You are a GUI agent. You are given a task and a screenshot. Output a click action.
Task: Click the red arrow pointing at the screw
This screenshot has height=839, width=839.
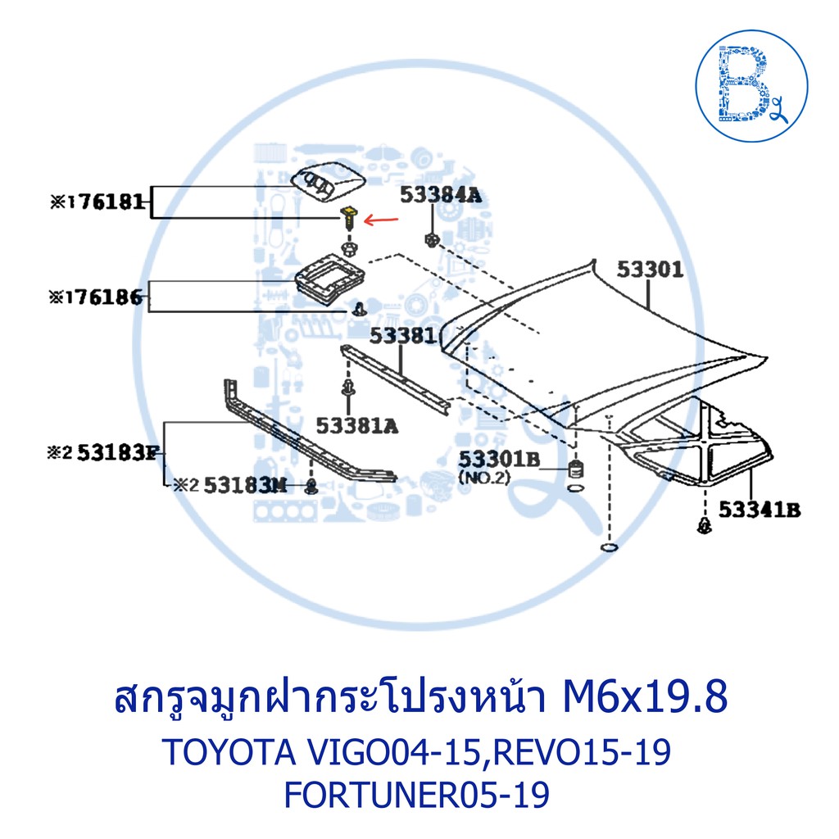click(x=381, y=220)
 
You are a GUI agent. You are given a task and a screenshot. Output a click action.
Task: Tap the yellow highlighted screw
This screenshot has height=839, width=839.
click(x=349, y=218)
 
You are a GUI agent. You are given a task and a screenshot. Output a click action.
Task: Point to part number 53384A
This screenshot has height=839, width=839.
click(x=441, y=195)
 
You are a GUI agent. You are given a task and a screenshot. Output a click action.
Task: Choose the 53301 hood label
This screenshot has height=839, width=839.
click(x=650, y=269)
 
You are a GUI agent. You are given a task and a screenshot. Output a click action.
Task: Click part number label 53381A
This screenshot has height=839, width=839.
click(x=357, y=426)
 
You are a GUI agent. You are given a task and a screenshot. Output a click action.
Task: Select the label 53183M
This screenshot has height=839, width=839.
click(x=245, y=485)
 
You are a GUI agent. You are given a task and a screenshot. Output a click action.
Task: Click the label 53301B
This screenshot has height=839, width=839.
click(x=499, y=459)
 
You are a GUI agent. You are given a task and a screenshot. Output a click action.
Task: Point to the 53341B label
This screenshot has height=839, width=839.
click(x=760, y=510)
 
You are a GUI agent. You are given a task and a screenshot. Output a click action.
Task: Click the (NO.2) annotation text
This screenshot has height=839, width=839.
click(x=484, y=478)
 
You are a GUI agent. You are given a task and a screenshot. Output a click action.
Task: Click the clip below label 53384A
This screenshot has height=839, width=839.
click(x=431, y=239)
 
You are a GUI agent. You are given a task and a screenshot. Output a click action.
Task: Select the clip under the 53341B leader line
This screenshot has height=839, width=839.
click(x=705, y=526)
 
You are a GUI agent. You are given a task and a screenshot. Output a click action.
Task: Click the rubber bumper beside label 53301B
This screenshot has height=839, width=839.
click(x=575, y=469)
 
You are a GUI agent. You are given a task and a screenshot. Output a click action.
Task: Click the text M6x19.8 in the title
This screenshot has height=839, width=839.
click(x=644, y=698)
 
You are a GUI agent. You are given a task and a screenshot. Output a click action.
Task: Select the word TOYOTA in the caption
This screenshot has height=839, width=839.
click(x=229, y=752)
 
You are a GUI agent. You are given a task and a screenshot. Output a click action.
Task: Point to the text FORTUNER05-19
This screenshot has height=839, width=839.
click(x=416, y=795)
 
